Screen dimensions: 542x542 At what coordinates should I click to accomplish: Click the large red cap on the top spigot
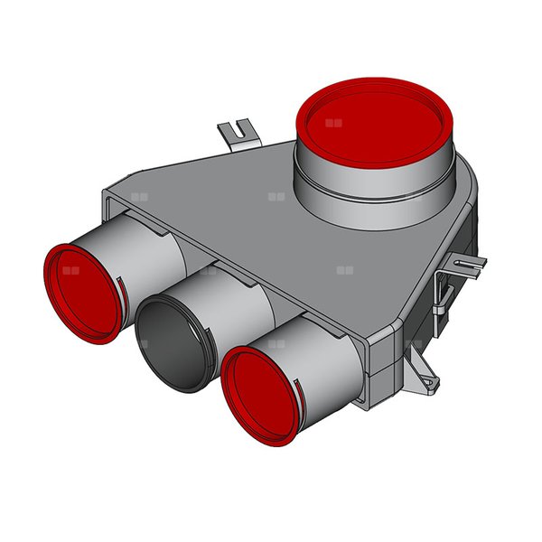(x=372, y=121)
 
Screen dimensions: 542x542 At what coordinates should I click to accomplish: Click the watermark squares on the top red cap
(x=335, y=122)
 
